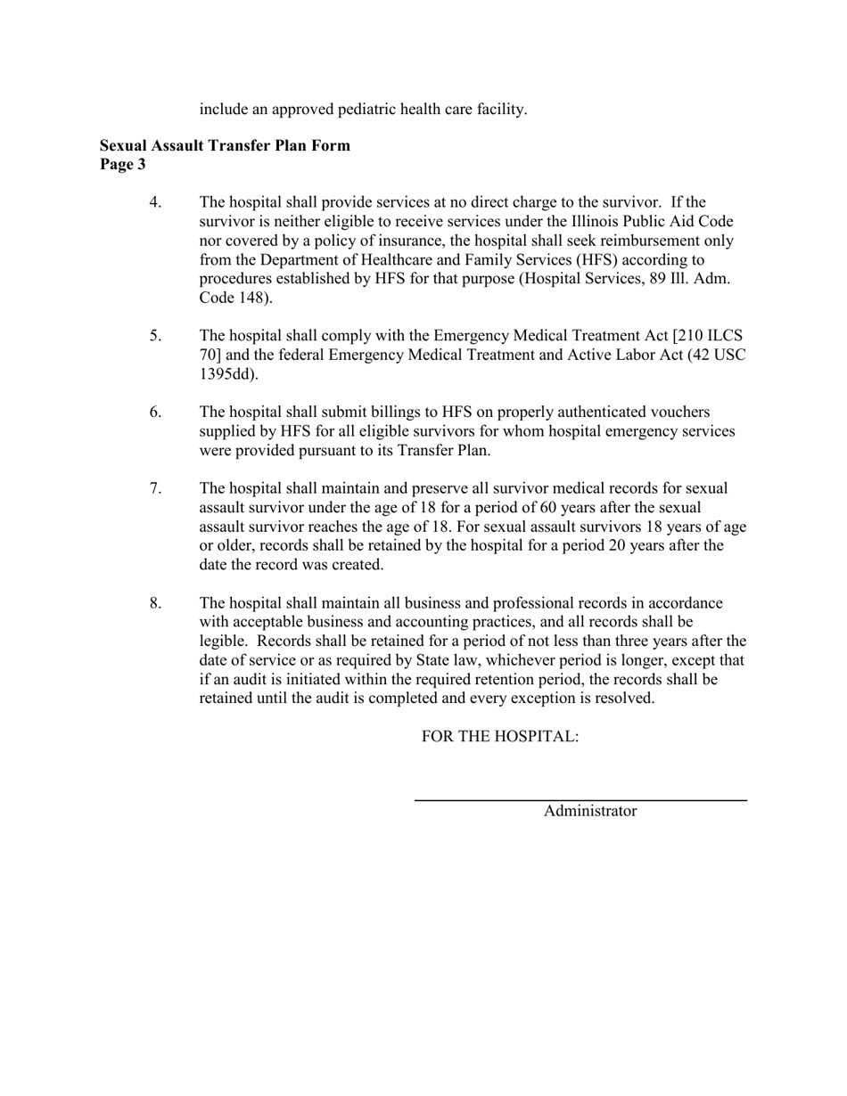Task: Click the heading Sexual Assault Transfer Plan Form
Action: point(225,145)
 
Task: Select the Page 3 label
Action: point(122,164)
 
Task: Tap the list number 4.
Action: point(155,202)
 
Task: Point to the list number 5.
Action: point(155,336)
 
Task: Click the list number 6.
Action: point(155,413)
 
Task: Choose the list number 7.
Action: point(155,488)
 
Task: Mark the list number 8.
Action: point(155,603)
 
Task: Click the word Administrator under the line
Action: point(590,811)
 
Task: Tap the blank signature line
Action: point(580,800)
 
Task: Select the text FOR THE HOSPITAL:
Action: point(500,737)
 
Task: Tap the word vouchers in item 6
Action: point(680,413)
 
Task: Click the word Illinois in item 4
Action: point(601,222)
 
